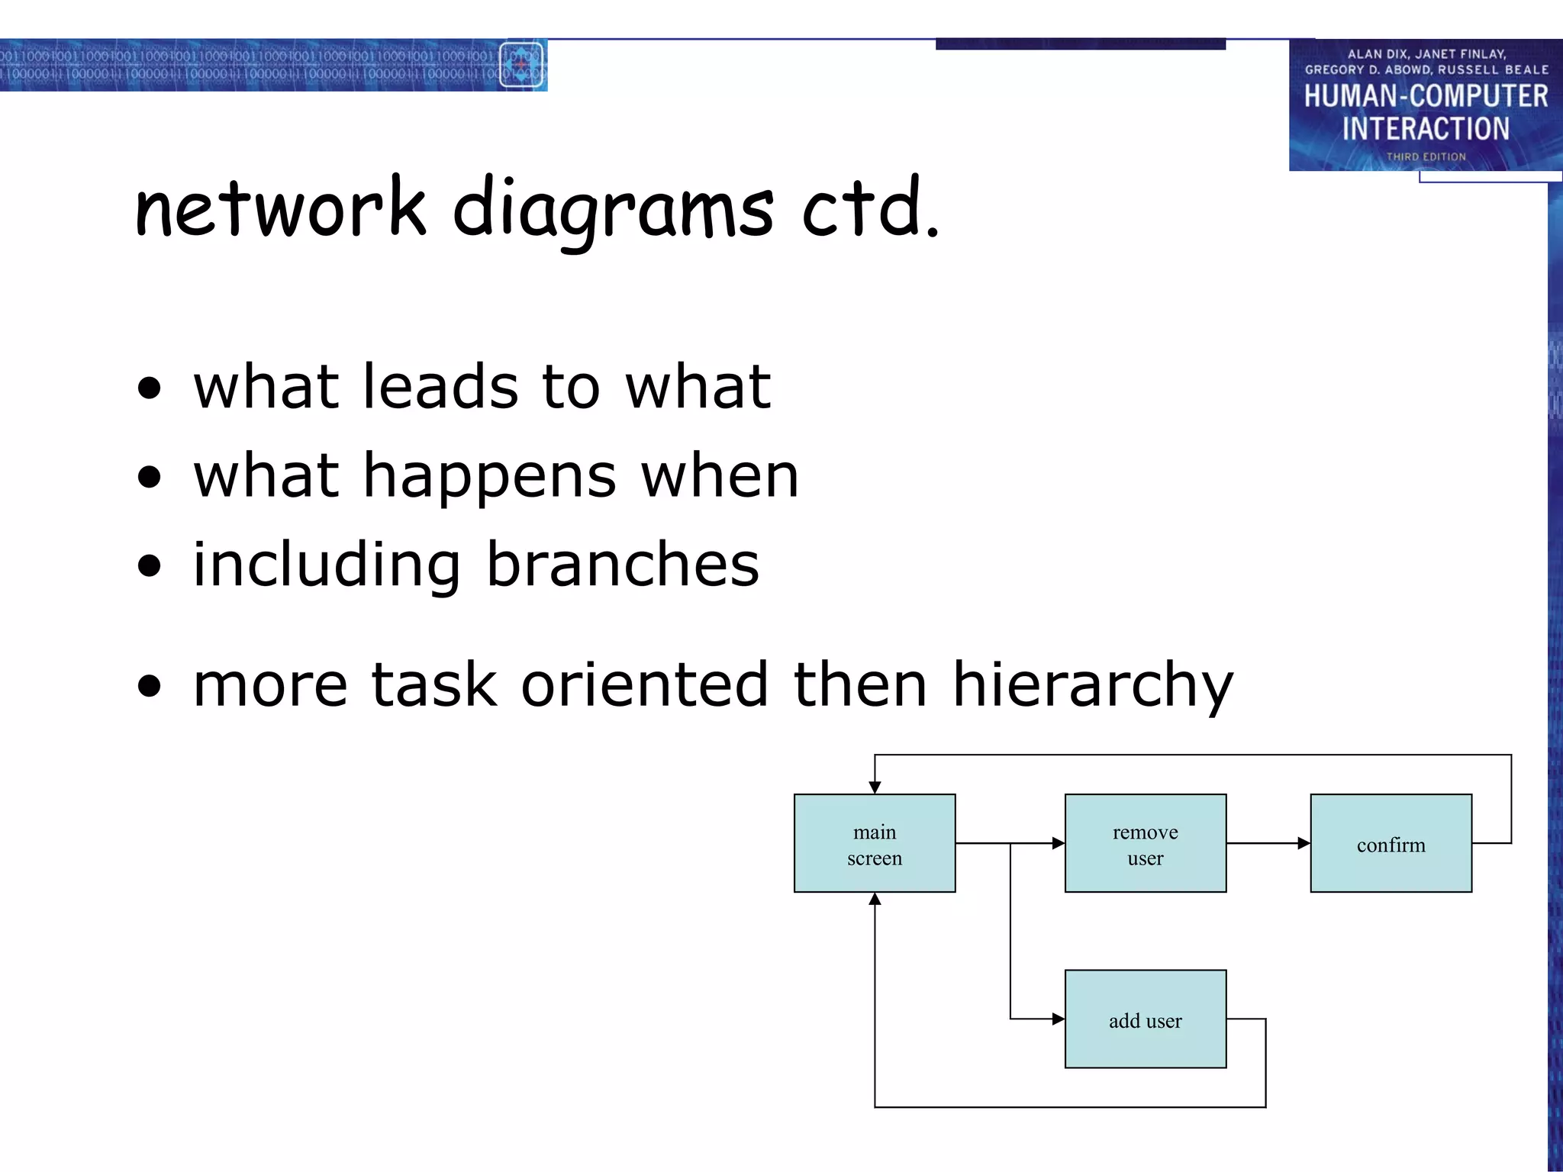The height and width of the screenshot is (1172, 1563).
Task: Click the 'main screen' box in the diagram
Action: click(x=875, y=843)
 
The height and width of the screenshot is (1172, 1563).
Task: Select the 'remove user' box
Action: click(x=1145, y=843)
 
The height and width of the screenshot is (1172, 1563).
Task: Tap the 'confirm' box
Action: click(x=1391, y=843)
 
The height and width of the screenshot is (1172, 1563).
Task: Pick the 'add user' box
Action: click(x=1145, y=1019)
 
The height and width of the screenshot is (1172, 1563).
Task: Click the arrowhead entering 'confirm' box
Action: click(x=1304, y=843)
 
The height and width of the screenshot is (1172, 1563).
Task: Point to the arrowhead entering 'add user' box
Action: click(x=1058, y=1019)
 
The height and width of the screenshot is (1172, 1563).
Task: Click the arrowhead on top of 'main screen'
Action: click(x=875, y=787)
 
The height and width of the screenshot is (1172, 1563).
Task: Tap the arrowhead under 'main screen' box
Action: click(x=875, y=900)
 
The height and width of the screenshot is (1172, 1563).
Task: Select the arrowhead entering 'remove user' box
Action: click(x=1058, y=843)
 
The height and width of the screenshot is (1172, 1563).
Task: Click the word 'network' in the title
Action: click(x=280, y=208)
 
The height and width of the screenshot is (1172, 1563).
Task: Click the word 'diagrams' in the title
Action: click(x=613, y=210)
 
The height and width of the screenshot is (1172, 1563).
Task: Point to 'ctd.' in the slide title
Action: click(x=870, y=208)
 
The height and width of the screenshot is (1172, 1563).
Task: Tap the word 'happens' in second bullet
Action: click(x=489, y=477)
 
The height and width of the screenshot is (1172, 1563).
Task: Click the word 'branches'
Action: click(x=623, y=565)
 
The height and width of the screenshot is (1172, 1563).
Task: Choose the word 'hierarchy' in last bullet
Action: click(x=1092, y=685)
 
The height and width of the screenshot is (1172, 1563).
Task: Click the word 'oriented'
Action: click(x=644, y=684)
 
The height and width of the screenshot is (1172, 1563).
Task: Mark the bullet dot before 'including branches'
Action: click(x=150, y=566)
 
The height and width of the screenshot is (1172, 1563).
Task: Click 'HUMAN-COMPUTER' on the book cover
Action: click(x=1426, y=96)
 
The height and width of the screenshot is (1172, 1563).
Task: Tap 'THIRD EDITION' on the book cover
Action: click(x=1426, y=156)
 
